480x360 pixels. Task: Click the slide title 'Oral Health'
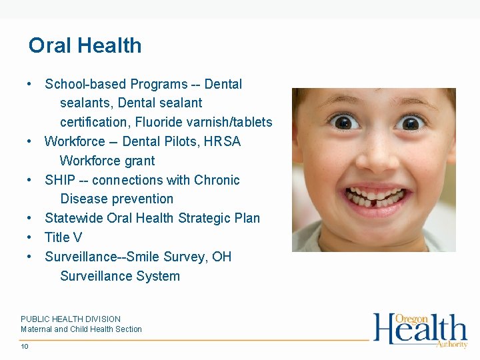coord(85,45)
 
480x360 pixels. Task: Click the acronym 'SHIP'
coord(59,180)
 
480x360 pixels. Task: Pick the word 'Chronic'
coord(217,180)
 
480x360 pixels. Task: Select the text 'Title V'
coord(63,237)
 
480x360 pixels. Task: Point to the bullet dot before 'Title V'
coord(30,237)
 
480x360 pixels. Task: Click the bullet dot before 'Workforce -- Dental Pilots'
coord(30,141)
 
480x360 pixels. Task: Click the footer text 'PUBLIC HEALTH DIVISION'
coord(71,319)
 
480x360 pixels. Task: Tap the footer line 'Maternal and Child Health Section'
coord(81,329)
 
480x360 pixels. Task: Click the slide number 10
coord(25,347)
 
